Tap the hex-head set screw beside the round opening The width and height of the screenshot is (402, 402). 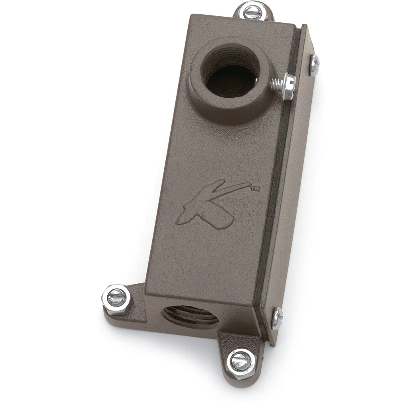287,85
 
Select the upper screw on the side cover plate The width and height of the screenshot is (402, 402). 315,65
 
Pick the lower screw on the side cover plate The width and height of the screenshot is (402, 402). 277,318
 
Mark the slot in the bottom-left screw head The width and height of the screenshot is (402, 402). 116,297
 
